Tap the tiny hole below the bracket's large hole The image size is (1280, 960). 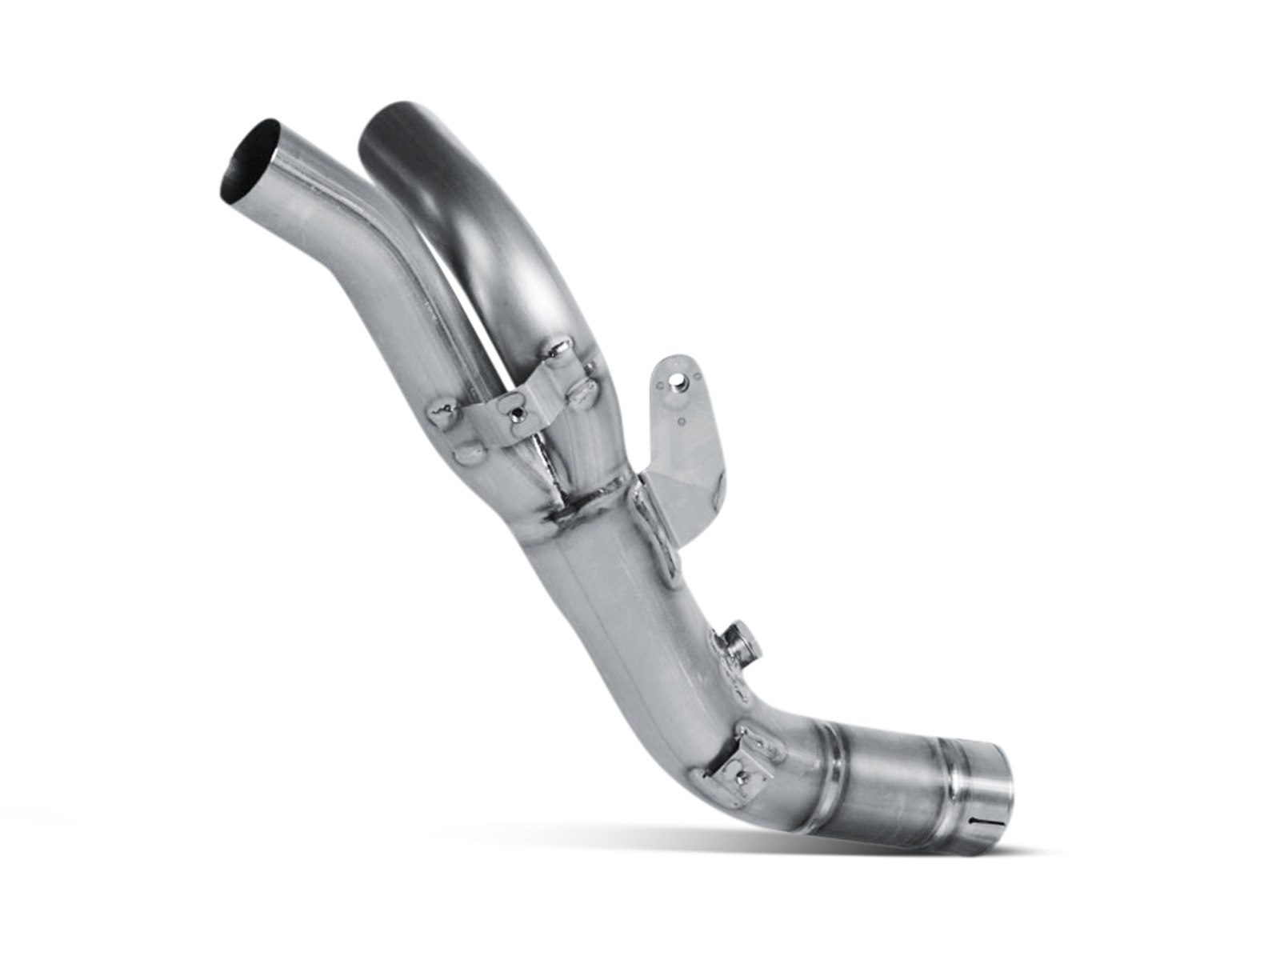coord(681,419)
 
